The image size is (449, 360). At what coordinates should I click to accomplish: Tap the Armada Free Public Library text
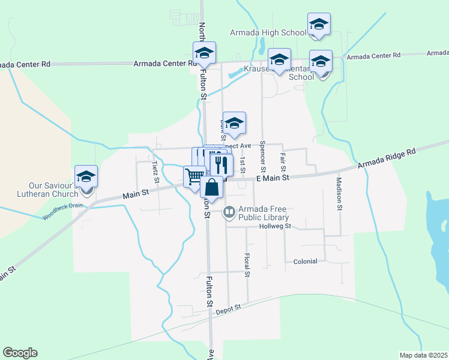point(264,213)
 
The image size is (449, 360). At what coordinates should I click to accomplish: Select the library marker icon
point(229,212)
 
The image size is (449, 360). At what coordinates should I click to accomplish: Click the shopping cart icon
point(194,177)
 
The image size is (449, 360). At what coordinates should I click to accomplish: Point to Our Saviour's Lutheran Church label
point(54,190)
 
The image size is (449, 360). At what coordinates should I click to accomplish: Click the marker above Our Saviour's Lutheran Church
point(86,177)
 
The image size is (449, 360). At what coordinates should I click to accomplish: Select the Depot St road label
point(229,307)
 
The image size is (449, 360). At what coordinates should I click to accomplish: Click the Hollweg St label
point(275,226)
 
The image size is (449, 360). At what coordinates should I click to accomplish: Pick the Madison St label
point(339,194)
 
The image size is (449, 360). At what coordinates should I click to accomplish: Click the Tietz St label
point(155,172)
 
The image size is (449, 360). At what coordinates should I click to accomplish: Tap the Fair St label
point(283,162)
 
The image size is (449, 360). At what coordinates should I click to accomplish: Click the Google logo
point(20,353)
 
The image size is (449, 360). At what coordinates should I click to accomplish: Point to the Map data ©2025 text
point(424,355)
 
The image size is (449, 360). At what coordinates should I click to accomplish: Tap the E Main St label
point(273,178)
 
